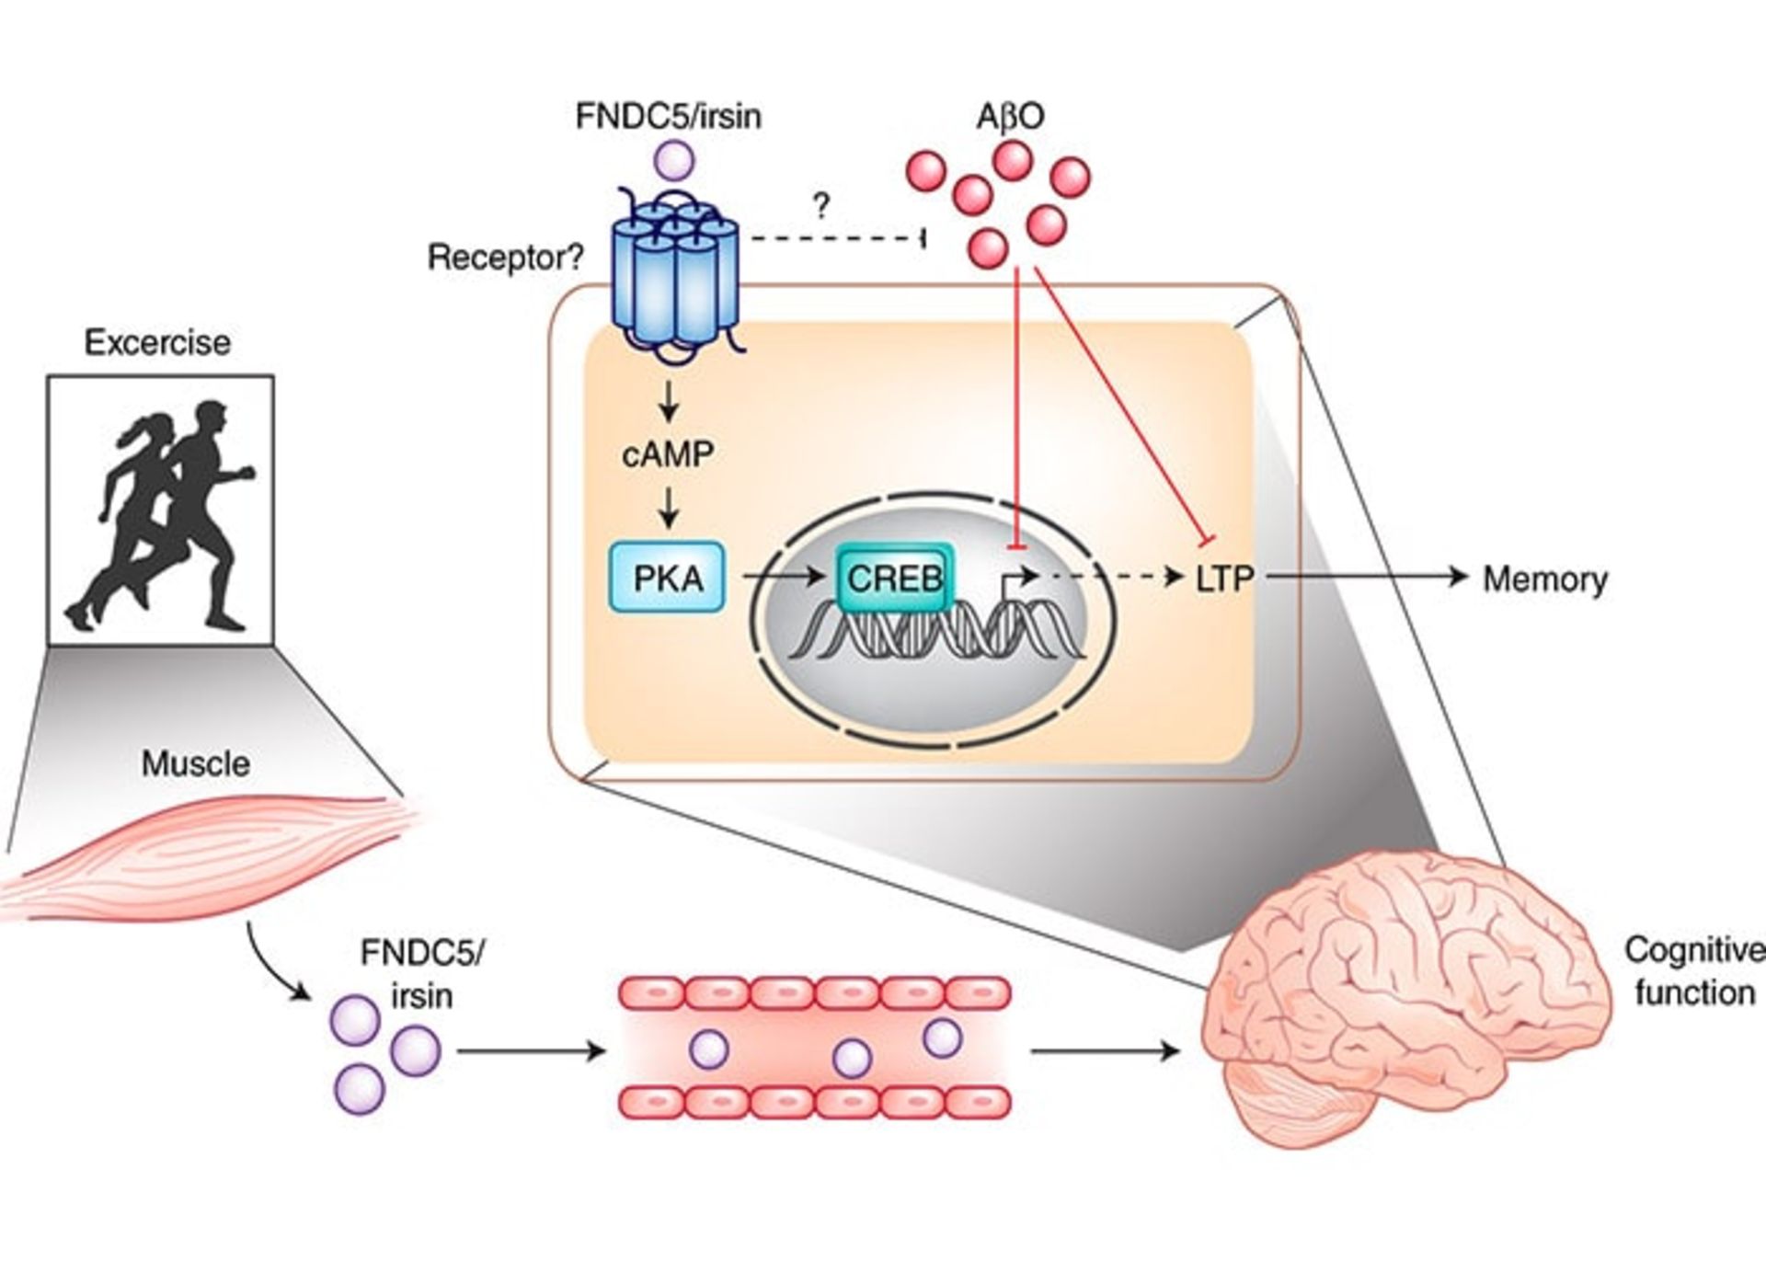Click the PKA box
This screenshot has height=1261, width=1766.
pyautogui.click(x=668, y=579)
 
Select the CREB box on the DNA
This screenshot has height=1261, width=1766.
pyautogui.click(x=894, y=579)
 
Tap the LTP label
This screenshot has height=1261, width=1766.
pyautogui.click(x=1224, y=579)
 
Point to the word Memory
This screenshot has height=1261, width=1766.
pyautogui.click(x=1545, y=579)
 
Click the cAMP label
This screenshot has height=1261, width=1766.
pyautogui.click(x=668, y=454)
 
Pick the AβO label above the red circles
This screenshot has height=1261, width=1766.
pyautogui.click(x=1010, y=117)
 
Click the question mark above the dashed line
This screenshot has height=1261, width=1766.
pyautogui.click(x=821, y=206)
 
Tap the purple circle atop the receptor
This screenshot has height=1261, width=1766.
pyautogui.click(x=674, y=159)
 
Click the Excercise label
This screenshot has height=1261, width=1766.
pyautogui.click(x=157, y=342)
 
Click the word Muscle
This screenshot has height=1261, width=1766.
pyautogui.click(x=195, y=763)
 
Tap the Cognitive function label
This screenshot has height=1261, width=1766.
pyautogui.click(x=1692, y=971)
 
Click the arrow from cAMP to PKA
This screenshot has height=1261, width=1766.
pyautogui.click(x=669, y=507)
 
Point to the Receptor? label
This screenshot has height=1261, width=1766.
pyautogui.click(x=505, y=258)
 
